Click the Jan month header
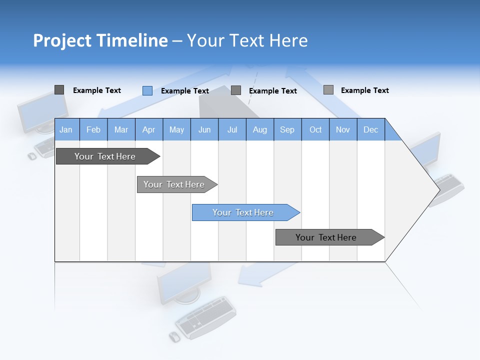click(66, 129)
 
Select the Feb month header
click(93, 129)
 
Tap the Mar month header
click(121, 129)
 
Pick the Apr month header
click(149, 129)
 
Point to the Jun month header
click(204, 129)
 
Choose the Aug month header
click(260, 129)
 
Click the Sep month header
click(287, 129)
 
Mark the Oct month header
click(315, 129)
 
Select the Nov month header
click(343, 129)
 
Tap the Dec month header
click(371, 129)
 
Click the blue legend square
click(147, 90)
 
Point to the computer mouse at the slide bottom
click(174, 336)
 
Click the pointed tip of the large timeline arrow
click(438, 189)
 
